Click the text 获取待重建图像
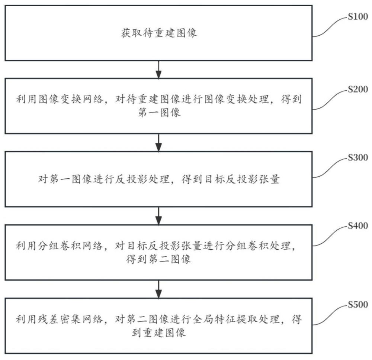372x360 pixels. [159, 33]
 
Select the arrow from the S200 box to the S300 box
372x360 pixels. [159, 142]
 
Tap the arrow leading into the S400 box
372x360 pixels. [159, 215]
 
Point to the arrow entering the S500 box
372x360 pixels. [159, 289]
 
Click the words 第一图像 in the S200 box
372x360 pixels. [159, 113]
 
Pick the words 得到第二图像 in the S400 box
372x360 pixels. [159, 260]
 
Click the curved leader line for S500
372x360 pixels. [329, 314]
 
